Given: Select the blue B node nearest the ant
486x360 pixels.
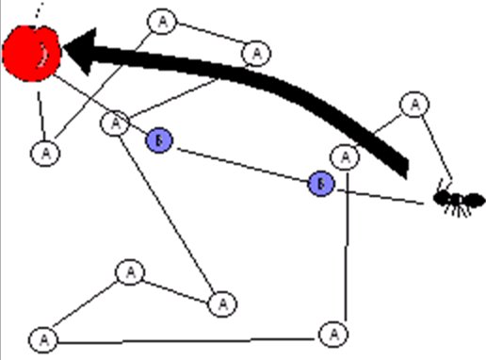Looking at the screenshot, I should (321, 183).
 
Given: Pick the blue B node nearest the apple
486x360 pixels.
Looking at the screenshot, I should (159, 140).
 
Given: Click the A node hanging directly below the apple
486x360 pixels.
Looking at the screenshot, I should (44, 150).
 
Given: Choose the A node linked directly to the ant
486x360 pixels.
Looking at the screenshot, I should (413, 104).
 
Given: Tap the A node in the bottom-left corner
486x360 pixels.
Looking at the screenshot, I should (40, 337).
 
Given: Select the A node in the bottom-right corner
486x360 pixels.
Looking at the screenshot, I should (332, 333).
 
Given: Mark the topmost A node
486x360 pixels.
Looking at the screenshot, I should (163, 21).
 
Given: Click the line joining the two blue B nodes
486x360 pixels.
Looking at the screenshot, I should (240, 161).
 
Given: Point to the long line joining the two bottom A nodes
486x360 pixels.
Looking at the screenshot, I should (188, 336).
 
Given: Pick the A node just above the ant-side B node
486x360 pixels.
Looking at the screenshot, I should (347, 155).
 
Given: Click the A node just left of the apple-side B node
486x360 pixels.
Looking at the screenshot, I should (115, 123).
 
